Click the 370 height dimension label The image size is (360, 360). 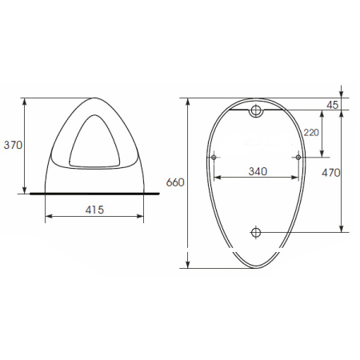(x=13, y=145)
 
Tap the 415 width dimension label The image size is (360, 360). (x=94, y=210)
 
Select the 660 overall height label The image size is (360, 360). (x=175, y=182)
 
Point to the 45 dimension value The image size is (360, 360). (x=333, y=105)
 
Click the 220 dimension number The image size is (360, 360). (x=311, y=133)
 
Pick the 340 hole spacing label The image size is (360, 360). (x=258, y=171)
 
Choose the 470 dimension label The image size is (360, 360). (x=331, y=173)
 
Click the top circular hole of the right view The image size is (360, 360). (x=256, y=110)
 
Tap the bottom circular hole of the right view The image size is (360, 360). (x=256, y=232)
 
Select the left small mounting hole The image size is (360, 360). (x=214, y=158)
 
